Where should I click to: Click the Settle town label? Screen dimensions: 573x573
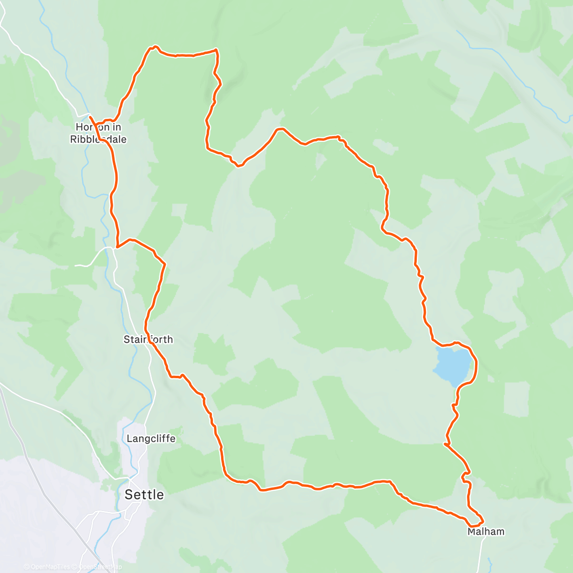pos(144,495)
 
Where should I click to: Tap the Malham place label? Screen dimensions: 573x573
pos(486,531)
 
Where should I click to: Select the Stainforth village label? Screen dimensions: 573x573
pos(148,340)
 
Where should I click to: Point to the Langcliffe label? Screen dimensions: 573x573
pos(151,438)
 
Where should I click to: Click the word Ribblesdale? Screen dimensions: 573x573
pos(98,139)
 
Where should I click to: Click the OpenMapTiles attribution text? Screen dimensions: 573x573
pos(50,567)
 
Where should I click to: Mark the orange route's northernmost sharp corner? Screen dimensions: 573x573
pos(216,50)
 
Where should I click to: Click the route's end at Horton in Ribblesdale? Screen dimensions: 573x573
pos(90,116)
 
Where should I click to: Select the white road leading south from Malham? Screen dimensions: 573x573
pos(481,554)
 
